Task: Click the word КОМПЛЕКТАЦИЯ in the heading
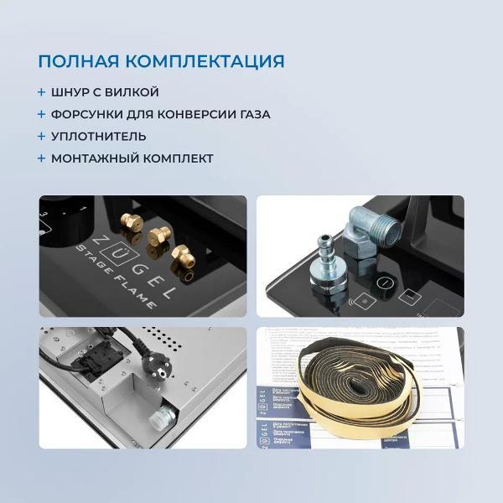208,61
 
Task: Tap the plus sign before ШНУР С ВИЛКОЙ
41,92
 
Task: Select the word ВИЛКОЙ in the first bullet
132,92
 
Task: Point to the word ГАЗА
252,114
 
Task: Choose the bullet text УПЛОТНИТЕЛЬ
98,136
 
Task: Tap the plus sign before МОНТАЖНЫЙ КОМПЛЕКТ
41,158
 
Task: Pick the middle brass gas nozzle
156,237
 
